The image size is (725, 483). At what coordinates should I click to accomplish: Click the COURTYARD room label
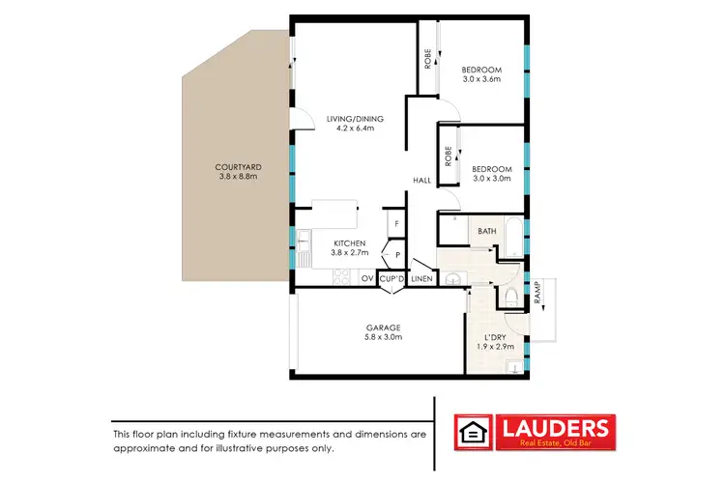click(238, 167)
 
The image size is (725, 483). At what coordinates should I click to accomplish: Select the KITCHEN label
click(349, 243)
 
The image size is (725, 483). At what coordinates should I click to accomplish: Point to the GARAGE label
click(384, 327)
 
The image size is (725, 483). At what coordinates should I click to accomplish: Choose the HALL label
click(422, 181)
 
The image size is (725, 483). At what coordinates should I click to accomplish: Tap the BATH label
click(486, 231)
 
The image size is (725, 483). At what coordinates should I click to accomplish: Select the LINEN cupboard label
click(421, 279)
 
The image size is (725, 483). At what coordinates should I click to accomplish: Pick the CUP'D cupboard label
click(391, 279)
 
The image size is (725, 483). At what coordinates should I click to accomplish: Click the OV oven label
click(366, 279)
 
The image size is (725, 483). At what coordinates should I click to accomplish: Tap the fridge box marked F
click(395, 225)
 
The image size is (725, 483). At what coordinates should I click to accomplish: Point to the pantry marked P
click(396, 255)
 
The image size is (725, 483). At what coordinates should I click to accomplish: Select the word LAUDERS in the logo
click(554, 426)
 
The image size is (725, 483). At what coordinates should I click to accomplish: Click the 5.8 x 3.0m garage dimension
click(384, 337)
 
